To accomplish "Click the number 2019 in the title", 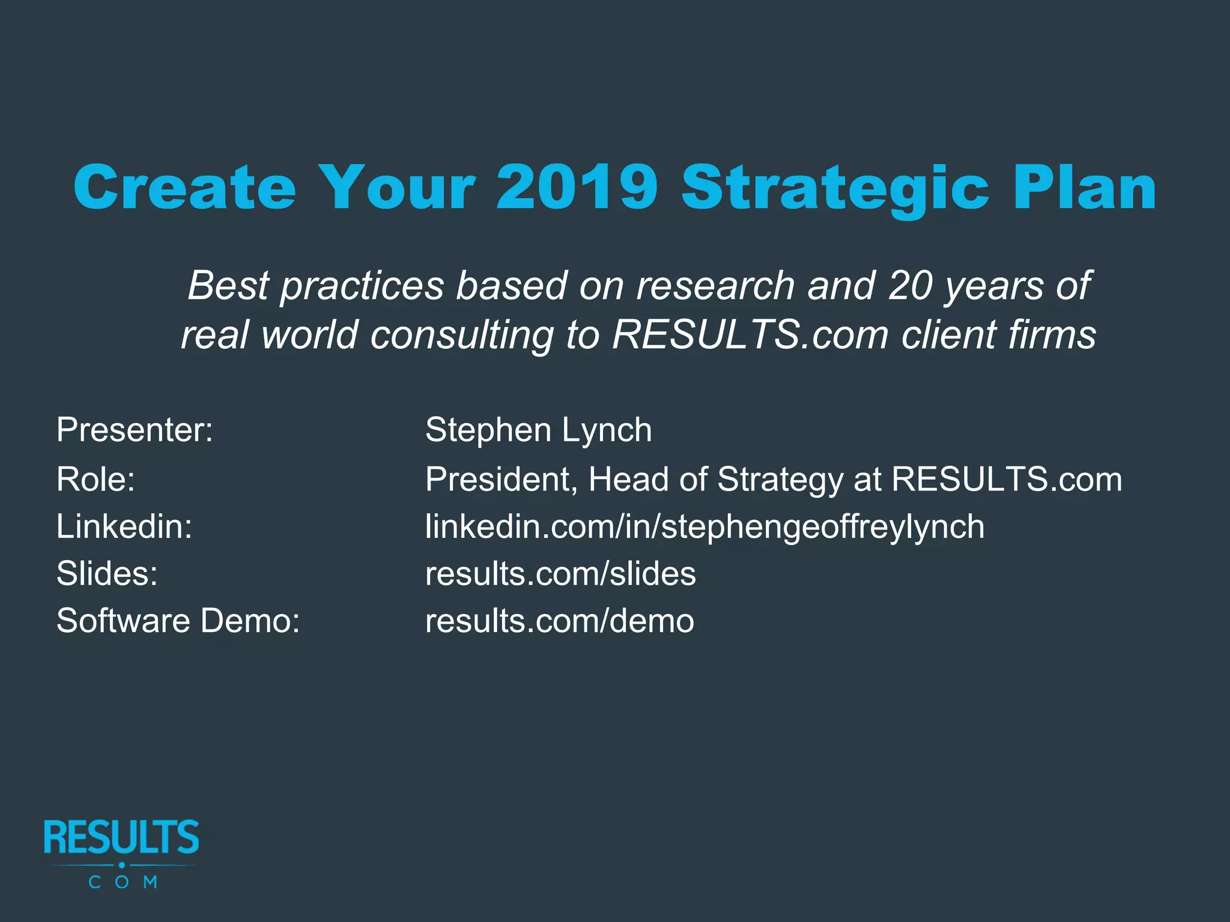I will pos(577,187).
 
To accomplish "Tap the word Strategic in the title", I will pos(835,187).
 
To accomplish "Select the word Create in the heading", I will pos(185,187).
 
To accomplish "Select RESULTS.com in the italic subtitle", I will pos(750,334).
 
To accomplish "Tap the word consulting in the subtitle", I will pos(462,334).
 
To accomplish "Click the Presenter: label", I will pos(135,430).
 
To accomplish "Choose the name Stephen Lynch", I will pos(538,430).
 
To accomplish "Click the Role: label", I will pos(95,479).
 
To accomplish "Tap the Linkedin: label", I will pos(124,526).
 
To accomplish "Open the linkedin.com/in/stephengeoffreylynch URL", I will pos(704,526).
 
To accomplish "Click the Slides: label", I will pos(107,573).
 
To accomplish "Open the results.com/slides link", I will pos(560,573).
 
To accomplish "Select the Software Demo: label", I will pos(178,621).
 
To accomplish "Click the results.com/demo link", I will pos(559,621).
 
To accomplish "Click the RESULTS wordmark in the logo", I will pos(121,837).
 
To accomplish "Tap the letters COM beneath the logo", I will pos(123,882).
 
